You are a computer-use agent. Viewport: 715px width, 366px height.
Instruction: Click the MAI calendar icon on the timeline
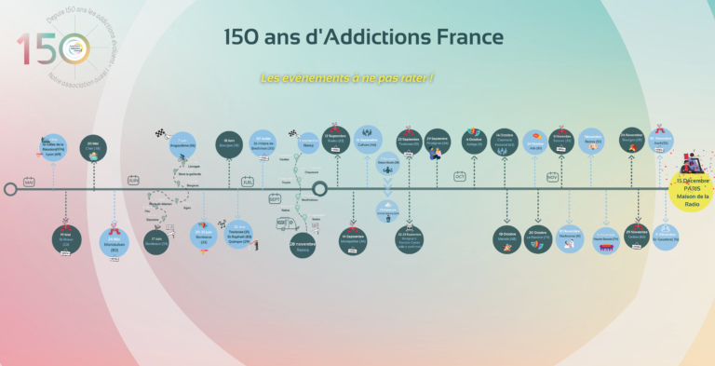pyautogui.click(x=29, y=182)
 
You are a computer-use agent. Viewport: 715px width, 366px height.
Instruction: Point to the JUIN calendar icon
pyautogui.click(x=133, y=180)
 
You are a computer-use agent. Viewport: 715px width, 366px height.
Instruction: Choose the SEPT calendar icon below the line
pyautogui.click(x=275, y=199)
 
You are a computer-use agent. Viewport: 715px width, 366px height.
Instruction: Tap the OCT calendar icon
pyautogui.click(x=460, y=176)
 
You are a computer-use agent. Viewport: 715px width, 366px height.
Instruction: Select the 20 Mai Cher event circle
pyautogui.click(x=92, y=145)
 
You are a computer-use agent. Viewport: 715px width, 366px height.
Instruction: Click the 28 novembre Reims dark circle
pyautogui.click(x=304, y=246)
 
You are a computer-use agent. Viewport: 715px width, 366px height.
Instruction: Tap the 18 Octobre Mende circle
pyautogui.click(x=507, y=237)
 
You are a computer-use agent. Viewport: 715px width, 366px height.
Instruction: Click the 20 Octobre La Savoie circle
pyautogui.click(x=538, y=237)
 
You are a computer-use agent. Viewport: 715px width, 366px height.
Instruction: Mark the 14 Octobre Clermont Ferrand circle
pyautogui.click(x=505, y=141)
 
